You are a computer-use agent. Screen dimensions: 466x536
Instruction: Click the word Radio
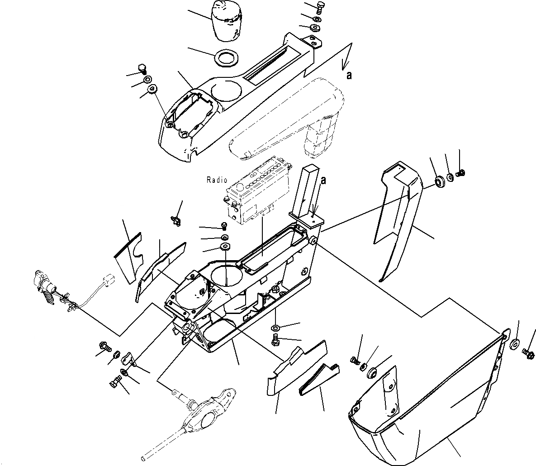pos(217,180)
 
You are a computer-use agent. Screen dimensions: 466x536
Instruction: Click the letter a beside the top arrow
pos(349,76)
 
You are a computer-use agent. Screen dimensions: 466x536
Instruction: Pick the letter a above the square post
pos(323,180)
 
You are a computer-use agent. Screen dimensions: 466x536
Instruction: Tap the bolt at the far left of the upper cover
pos(142,69)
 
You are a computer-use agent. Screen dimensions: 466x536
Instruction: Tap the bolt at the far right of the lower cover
pos(528,352)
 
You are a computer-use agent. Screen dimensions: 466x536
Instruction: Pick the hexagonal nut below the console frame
pos(276,328)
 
